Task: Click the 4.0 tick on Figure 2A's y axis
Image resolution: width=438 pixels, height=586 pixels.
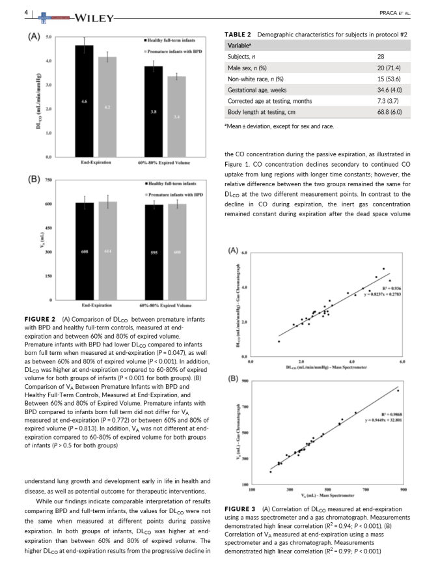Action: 48,61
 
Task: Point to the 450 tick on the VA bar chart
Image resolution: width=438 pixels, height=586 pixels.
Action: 48,228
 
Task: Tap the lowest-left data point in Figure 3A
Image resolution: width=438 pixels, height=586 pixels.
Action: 279,341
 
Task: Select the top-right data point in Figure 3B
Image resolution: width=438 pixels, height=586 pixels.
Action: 398,391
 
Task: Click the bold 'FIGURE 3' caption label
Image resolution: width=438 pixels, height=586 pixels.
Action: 240,509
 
